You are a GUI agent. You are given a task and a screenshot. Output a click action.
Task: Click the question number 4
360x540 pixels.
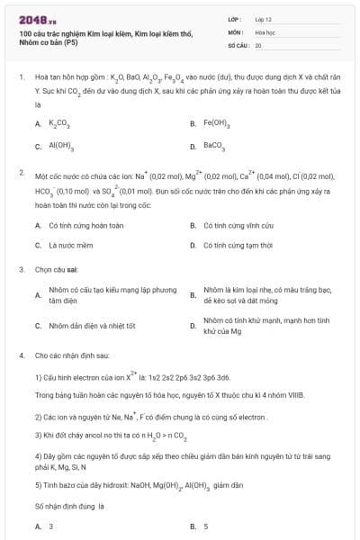(x=21, y=355)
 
